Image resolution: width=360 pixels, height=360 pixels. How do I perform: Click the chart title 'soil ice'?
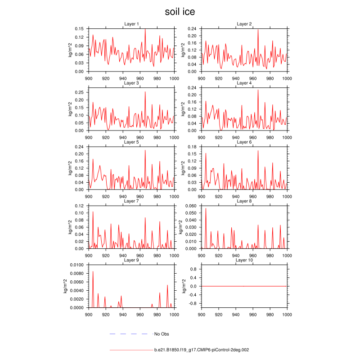[180, 12]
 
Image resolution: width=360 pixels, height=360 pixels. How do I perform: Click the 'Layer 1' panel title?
[131, 24]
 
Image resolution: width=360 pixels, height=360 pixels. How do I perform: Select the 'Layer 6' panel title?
[244, 142]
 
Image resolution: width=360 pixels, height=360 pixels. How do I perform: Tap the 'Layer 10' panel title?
[244, 261]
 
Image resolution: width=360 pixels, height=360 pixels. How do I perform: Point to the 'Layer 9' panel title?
[131, 261]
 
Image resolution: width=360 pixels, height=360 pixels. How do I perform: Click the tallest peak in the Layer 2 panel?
[258, 30]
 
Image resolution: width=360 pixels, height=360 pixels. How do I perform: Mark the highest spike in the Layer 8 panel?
[206, 208]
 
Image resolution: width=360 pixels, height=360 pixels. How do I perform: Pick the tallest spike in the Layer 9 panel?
[93, 271]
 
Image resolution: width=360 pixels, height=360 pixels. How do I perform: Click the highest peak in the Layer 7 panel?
[93, 211]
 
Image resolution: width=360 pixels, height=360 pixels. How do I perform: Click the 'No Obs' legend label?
[162, 334]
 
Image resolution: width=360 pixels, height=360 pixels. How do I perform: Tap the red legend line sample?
[130, 350]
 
